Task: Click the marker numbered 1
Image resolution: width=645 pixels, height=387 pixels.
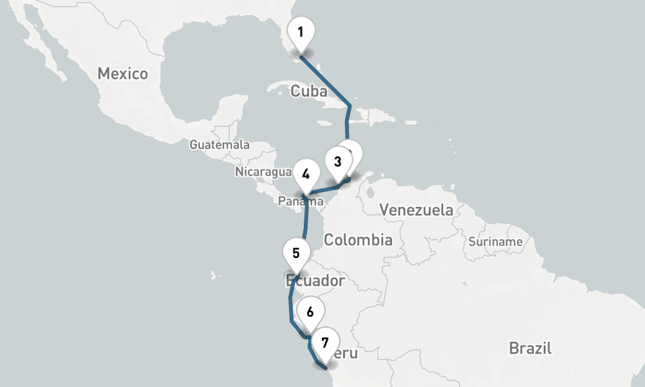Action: click(x=301, y=32)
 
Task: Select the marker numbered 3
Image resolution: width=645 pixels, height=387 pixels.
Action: click(x=337, y=161)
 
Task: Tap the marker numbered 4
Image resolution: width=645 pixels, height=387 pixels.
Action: click(x=306, y=174)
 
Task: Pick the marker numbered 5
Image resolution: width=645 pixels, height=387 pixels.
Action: click(x=296, y=252)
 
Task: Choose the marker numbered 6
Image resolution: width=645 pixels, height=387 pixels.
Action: click(x=310, y=312)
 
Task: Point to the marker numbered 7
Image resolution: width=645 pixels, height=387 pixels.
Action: click(x=324, y=342)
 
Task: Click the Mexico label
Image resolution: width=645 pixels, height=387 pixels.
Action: click(x=123, y=74)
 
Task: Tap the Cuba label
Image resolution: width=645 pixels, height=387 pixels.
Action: click(x=309, y=91)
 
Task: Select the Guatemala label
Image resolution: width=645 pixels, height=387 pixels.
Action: click(x=219, y=144)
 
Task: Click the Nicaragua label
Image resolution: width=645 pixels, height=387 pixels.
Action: click(x=263, y=172)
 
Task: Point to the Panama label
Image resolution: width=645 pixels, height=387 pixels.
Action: click(x=300, y=202)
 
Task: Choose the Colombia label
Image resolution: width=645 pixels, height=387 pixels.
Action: click(x=358, y=240)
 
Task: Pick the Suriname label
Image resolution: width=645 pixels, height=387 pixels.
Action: click(x=495, y=242)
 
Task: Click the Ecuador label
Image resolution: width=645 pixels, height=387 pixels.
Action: click(x=315, y=281)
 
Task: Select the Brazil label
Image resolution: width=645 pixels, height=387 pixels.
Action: click(x=530, y=348)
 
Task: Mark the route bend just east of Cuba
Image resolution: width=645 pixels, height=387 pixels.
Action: click(x=350, y=105)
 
